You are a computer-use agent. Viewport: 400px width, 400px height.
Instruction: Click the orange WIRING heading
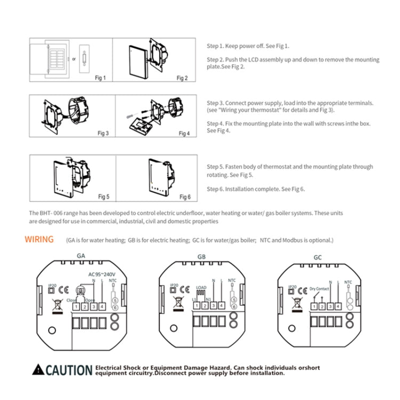click(x=39, y=239)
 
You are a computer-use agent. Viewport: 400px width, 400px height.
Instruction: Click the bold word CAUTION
click(x=69, y=370)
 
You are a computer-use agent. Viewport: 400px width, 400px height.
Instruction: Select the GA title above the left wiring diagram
click(x=81, y=255)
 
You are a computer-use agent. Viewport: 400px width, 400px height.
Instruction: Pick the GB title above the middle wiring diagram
click(x=201, y=257)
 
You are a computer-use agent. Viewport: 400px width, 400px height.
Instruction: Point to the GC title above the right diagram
click(x=318, y=257)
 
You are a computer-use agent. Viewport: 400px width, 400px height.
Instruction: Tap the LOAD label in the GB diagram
click(x=201, y=287)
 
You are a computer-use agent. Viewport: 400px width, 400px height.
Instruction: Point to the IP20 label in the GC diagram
click(x=291, y=286)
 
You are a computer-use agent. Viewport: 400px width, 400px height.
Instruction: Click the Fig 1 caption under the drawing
click(x=100, y=78)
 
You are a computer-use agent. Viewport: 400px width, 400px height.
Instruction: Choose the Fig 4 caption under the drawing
click(x=184, y=133)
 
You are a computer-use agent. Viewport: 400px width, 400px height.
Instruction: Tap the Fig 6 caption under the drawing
click(x=185, y=197)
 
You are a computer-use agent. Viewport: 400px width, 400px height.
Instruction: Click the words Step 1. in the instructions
click(x=215, y=46)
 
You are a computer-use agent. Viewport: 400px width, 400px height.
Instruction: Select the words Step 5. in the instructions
click(x=215, y=167)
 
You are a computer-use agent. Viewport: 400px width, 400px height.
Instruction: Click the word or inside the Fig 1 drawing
click(x=74, y=59)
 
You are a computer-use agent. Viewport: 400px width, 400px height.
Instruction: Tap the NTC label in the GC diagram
click(x=348, y=281)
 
